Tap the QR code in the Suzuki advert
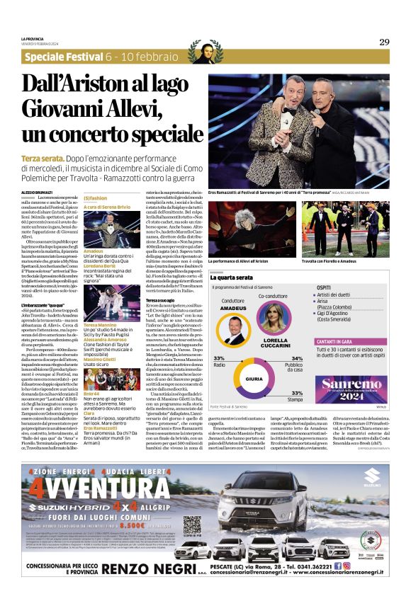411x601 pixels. coord(193,526)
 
